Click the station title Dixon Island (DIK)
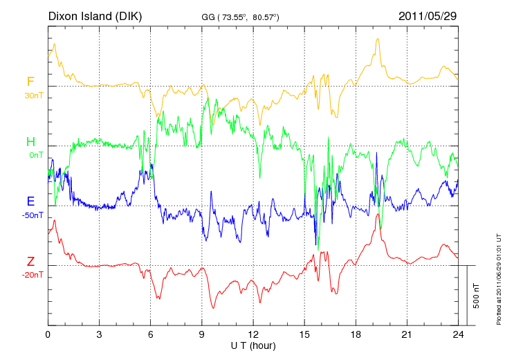[x=95, y=15]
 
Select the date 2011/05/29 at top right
[x=428, y=15]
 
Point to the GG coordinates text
[x=240, y=16]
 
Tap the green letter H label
[x=30, y=142]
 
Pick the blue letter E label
[x=30, y=202]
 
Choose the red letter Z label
[x=30, y=262]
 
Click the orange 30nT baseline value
[x=33, y=96]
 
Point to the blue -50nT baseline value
[x=33, y=215]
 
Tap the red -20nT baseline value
[x=33, y=275]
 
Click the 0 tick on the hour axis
[x=48, y=334]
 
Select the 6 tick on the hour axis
[x=151, y=334]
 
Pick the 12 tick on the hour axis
[x=253, y=334]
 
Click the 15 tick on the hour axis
[x=304, y=334]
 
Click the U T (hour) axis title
[x=253, y=345]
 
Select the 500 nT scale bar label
[x=477, y=295]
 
